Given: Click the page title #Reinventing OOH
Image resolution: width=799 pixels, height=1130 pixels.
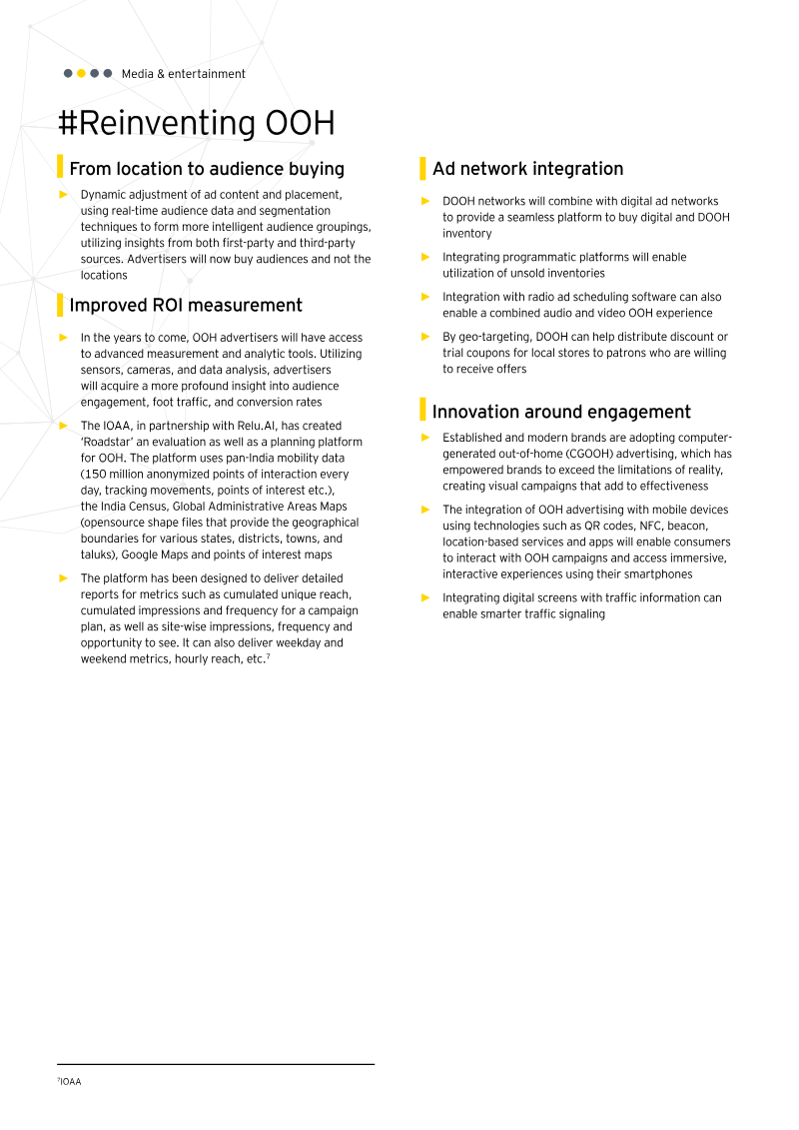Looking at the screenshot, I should pos(196,124).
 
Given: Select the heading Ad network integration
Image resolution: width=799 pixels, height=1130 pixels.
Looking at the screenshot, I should pos(527,169).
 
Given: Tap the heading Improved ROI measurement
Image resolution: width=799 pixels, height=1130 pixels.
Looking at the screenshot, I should pos(186,305).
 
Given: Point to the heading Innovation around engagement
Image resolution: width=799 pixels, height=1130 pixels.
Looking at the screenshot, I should pos(561,412).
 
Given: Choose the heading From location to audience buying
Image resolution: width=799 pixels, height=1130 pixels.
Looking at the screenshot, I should pos(207,169).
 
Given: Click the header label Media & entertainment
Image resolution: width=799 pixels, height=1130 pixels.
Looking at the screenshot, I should pos(183,74).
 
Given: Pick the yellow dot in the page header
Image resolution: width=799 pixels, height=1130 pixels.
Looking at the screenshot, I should pos(81,74).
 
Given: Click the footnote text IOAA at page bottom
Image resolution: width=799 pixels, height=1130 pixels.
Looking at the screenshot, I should pos(70,1082).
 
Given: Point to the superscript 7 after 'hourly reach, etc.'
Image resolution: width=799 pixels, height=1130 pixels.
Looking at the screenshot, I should pos(269,656).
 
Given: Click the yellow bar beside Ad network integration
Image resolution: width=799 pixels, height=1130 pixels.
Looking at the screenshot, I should pos(422,168).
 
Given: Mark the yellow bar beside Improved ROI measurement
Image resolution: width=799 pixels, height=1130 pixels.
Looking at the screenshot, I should pos(60,305).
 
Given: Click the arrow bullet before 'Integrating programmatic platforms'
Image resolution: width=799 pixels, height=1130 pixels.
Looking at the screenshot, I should pos(425,258).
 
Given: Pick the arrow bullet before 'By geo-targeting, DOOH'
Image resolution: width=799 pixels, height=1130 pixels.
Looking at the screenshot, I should pos(425,338).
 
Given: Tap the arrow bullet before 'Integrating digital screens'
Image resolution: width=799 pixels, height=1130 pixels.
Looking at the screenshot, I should pos(425,598).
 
